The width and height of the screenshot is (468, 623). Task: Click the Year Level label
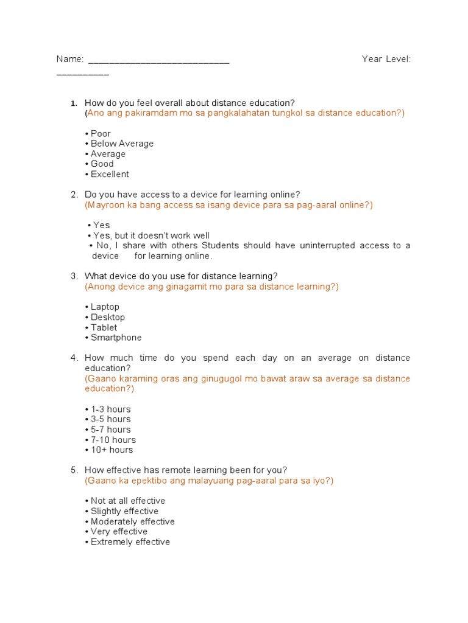point(386,59)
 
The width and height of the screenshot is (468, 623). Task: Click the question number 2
point(74,195)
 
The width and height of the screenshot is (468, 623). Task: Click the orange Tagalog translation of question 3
point(211,287)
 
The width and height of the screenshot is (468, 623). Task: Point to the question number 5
point(74,470)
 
